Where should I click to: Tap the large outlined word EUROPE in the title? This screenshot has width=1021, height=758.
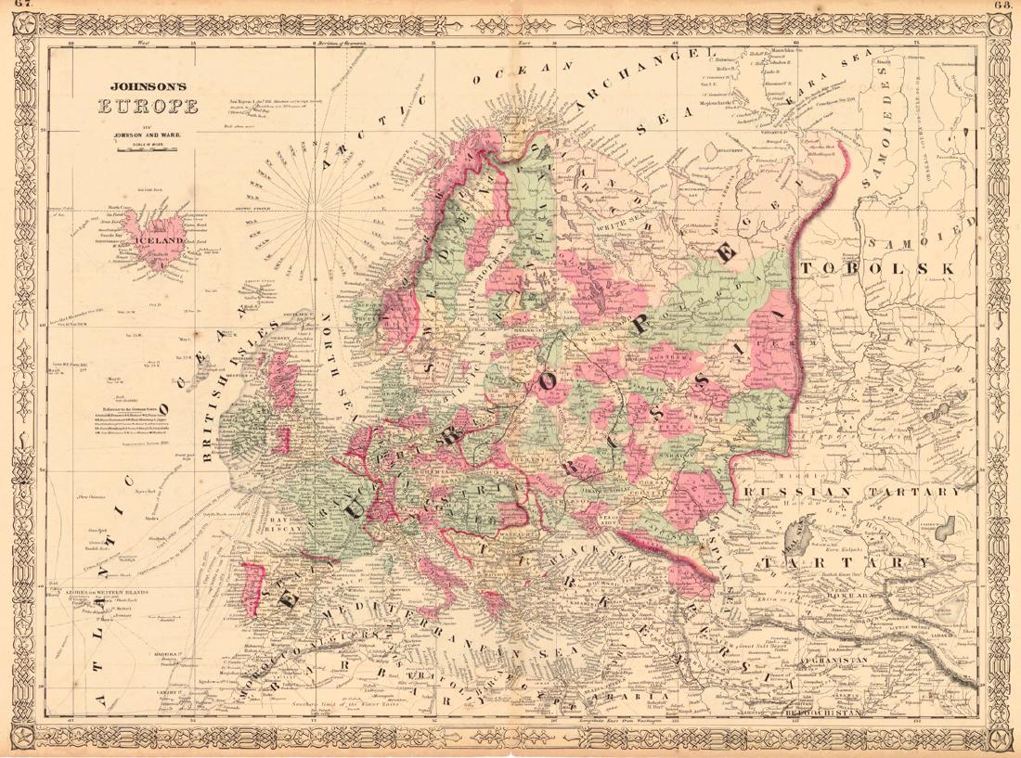(x=148, y=103)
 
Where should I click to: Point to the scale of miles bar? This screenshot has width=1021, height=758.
(x=148, y=145)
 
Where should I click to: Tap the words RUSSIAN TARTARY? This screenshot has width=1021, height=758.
(x=863, y=493)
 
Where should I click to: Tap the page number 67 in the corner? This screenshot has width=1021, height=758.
(x=16, y=7)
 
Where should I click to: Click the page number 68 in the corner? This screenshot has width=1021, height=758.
(x=1003, y=7)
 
